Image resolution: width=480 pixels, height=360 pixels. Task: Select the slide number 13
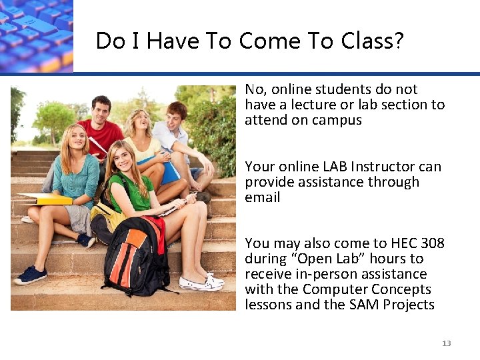pos(446,343)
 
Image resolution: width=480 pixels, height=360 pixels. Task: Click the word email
pos(263,197)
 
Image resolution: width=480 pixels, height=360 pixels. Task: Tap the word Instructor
pos(383,167)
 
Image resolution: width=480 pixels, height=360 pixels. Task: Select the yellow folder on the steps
pos(50,199)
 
